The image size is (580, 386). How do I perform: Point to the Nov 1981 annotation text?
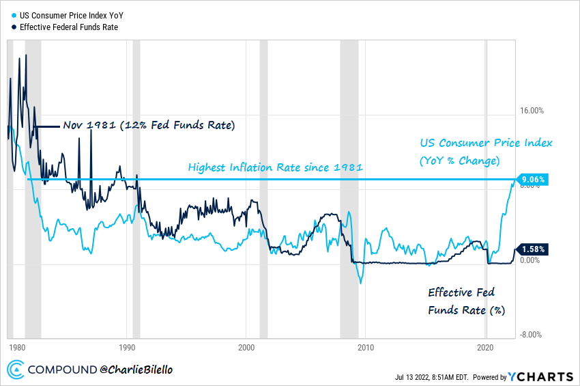point(149,126)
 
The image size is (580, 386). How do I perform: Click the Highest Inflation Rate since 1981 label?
point(275,167)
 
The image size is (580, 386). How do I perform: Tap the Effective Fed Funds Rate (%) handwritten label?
point(467,301)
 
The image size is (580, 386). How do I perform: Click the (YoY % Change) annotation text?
point(459,161)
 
